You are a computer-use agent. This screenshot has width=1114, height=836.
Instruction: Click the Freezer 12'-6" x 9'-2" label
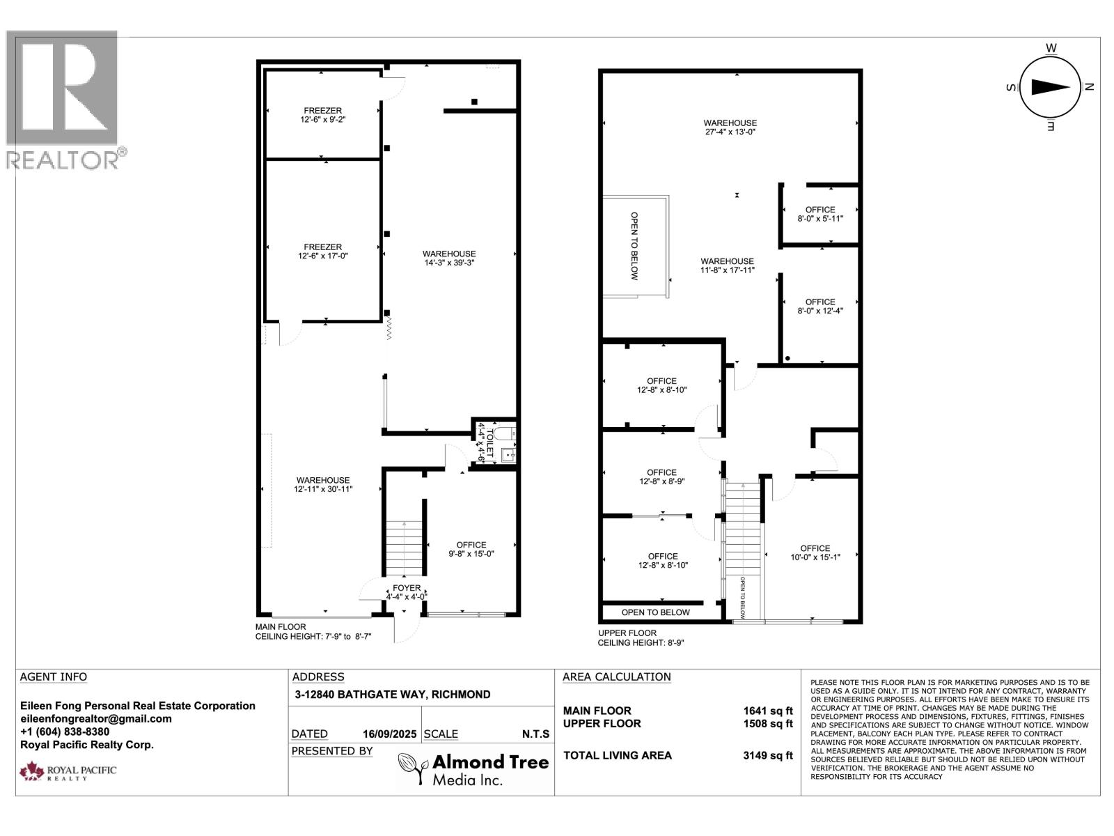pyautogui.click(x=322, y=115)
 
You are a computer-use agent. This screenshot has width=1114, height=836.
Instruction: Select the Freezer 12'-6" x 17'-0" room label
pyautogui.click(x=322, y=251)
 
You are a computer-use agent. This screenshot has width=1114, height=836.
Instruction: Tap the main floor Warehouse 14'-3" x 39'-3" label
pyautogui.click(x=449, y=258)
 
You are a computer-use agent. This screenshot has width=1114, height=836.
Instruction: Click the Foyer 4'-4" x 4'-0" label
pyautogui.click(x=407, y=592)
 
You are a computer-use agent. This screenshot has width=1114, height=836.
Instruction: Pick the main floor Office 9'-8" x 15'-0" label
pyautogui.click(x=471, y=549)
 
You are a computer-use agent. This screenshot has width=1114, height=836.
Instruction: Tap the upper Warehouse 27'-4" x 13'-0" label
pyautogui.click(x=730, y=127)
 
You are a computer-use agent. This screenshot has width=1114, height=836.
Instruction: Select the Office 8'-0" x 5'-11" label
pyautogui.click(x=820, y=214)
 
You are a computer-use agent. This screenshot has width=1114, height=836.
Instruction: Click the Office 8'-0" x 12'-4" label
pyautogui.click(x=820, y=307)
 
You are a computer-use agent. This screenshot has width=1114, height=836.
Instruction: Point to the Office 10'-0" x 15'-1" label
pyautogui.click(x=815, y=552)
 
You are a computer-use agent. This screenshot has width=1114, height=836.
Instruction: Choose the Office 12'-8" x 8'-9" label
pyautogui.click(x=661, y=477)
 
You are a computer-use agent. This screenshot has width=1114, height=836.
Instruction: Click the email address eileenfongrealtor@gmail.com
pyautogui.click(x=96, y=719)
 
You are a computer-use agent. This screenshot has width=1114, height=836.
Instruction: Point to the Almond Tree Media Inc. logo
pyautogui.click(x=473, y=769)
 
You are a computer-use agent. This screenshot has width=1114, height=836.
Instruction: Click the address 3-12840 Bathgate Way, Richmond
pyautogui.click(x=391, y=695)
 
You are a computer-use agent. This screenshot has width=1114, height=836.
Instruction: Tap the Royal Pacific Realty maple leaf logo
pyautogui.click(x=31, y=771)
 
